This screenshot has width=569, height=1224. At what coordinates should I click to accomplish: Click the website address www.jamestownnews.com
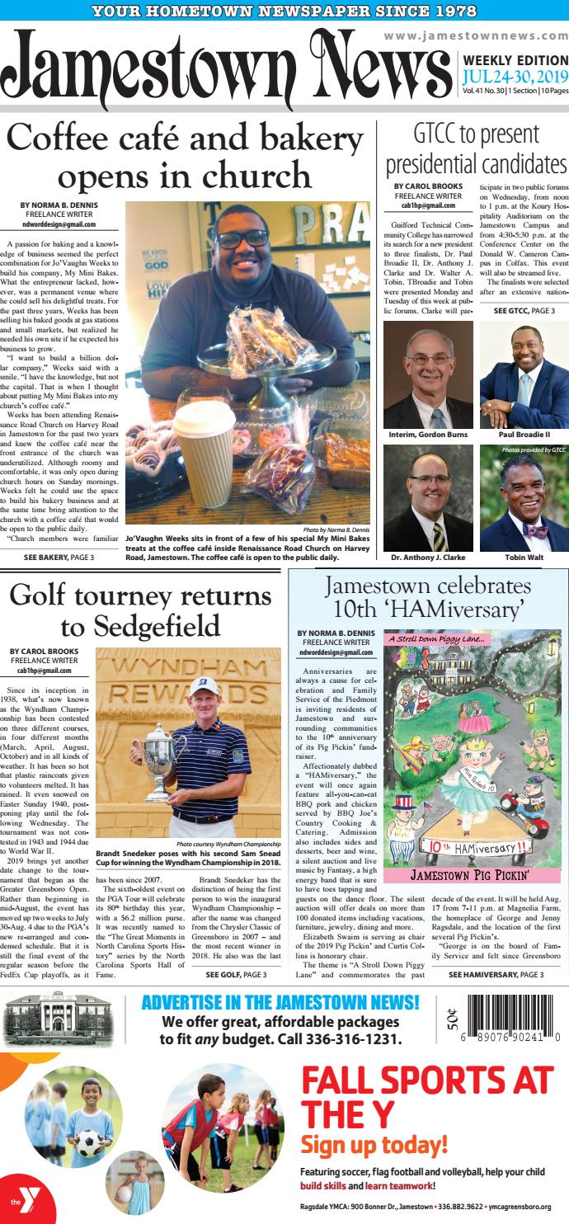coord(476,36)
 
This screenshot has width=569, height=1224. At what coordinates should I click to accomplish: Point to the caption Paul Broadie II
coord(524,435)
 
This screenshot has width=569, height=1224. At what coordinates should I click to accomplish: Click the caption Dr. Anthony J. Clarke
coord(428,558)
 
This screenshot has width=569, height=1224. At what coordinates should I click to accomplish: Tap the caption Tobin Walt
coord(524,558)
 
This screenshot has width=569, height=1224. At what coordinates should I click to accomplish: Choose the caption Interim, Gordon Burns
coord(428,435)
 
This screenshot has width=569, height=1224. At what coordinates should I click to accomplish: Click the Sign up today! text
coord(374,1145)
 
